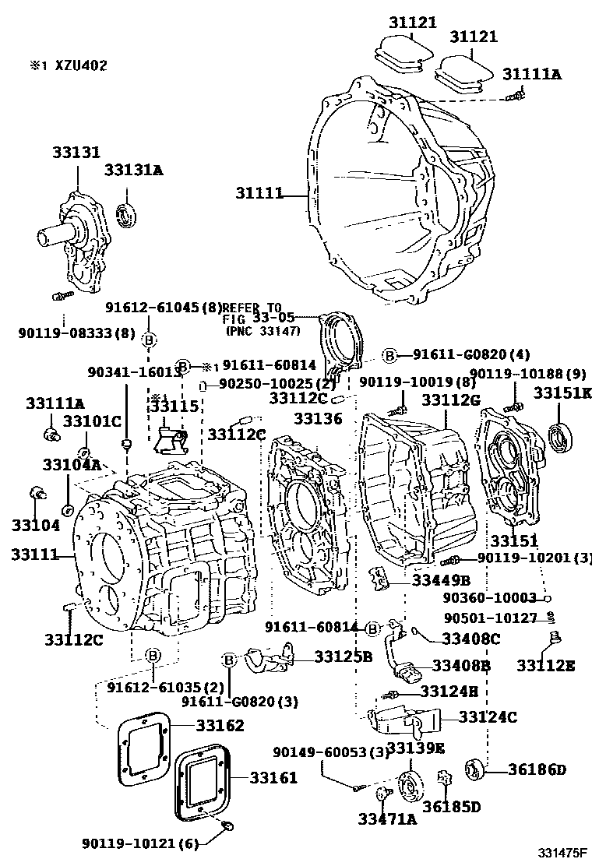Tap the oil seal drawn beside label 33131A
point(125,214)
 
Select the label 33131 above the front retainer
point(76,153)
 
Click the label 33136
point(318,418)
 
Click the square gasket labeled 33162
point(145,748)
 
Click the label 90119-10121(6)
point(141,843)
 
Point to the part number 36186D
point(537,770)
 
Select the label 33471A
point(387,818)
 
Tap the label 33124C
point(487,717)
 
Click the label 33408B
point(461,666)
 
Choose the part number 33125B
point(344,657)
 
